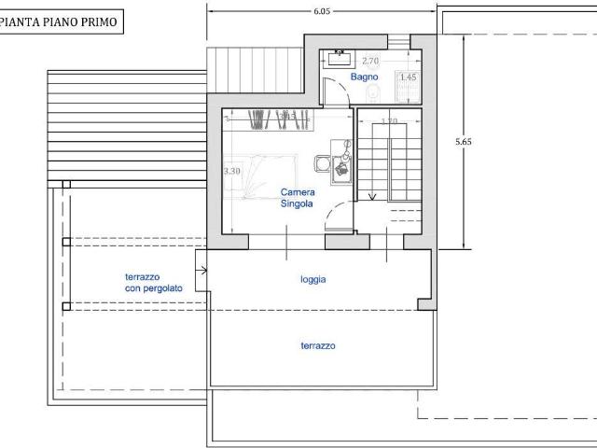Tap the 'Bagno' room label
(x=362, y=77)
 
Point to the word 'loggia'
(x=313, y=279)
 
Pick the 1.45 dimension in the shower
(x=408, y=77)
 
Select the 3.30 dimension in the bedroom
(x=232, y=172)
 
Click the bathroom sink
(x=339, y=57)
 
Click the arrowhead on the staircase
(x=372, y=197)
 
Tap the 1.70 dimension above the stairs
(x=390, y=121)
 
